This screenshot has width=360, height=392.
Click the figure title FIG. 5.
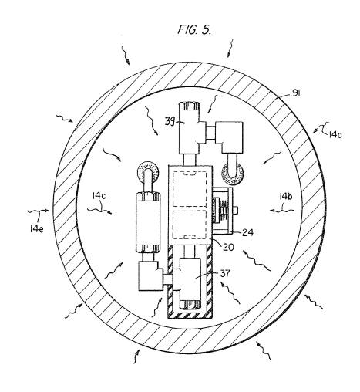click(x=194, y=29)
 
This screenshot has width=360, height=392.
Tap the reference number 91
click(x=296, y=93)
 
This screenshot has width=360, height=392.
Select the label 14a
click(x=335, y=134)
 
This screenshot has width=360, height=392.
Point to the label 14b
click(x=285, y=197)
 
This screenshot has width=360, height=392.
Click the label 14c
click(x=99, y=196)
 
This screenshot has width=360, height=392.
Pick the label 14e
click(x=36, y=229)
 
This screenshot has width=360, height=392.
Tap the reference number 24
click(x=247, y=233)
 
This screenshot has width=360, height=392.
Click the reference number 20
click(x=228, y=247)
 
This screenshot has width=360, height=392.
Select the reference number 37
click(x=225, y=273)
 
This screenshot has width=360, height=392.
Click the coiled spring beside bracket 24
click(x=224, y=208)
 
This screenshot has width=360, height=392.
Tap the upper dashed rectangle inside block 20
click(x=190, y=188)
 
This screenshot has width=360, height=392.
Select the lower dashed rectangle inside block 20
click(x=190, y=225)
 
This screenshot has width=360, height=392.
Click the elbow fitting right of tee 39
click(x=229, y=137)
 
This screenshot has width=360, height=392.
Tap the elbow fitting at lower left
click(x=151, y=275)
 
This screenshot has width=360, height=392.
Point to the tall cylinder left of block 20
click(x=148, y=222)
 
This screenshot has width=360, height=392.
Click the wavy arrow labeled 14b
click(x=282, y=211)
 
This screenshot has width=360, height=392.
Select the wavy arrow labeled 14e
click(x=38, y=211)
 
